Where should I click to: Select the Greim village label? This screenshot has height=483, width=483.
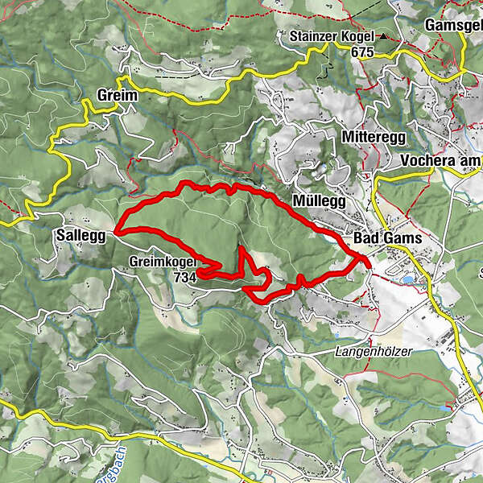pos(117,95)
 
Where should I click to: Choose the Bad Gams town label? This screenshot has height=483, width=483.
pos(388,238)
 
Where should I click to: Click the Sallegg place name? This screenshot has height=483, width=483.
pos(82,235)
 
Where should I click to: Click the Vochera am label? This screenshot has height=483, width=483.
pos(440,161)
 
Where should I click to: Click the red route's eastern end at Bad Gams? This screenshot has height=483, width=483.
pos(368,263)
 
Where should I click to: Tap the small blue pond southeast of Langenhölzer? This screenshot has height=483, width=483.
pos(446,408)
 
